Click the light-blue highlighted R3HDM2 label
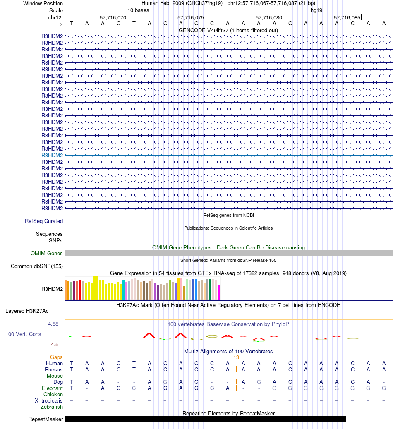[x=52, y=155]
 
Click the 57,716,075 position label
[x=190, y=18]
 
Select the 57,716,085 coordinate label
[x=347, y=18]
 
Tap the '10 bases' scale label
[x=138, y=10]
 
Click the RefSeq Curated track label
[x=44, y=221]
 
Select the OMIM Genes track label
[x=47, y=254]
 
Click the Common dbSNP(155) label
[x=37, y=266]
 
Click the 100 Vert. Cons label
[x=23, y=334]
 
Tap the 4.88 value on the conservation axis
[x=53, y=324]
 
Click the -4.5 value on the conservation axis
[x=54, y=344]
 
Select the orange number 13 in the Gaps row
[x=236, y=357]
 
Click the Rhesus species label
[x=54, y=369]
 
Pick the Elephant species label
[x=52, y=388]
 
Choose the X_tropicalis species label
[x=49, y=400]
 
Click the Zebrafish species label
[x=52, y=407]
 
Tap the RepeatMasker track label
[x=46, y=419]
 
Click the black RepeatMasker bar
[x=205, y=419]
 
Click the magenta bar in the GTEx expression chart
[x=219, y=292]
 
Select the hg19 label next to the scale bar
[x=316, y=10]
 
